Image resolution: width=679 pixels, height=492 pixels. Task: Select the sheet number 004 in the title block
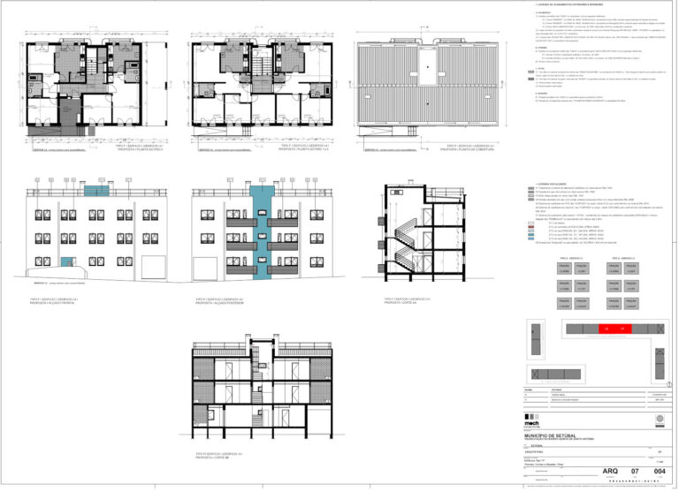tap(658, 473)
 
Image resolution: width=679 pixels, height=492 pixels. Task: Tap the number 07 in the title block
tap(635, 473)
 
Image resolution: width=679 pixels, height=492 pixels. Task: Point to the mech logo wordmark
tap(533, 421)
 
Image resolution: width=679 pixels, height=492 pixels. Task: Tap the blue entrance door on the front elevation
tap(65, 261)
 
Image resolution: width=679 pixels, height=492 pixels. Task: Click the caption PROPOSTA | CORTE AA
tap(408, 302)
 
